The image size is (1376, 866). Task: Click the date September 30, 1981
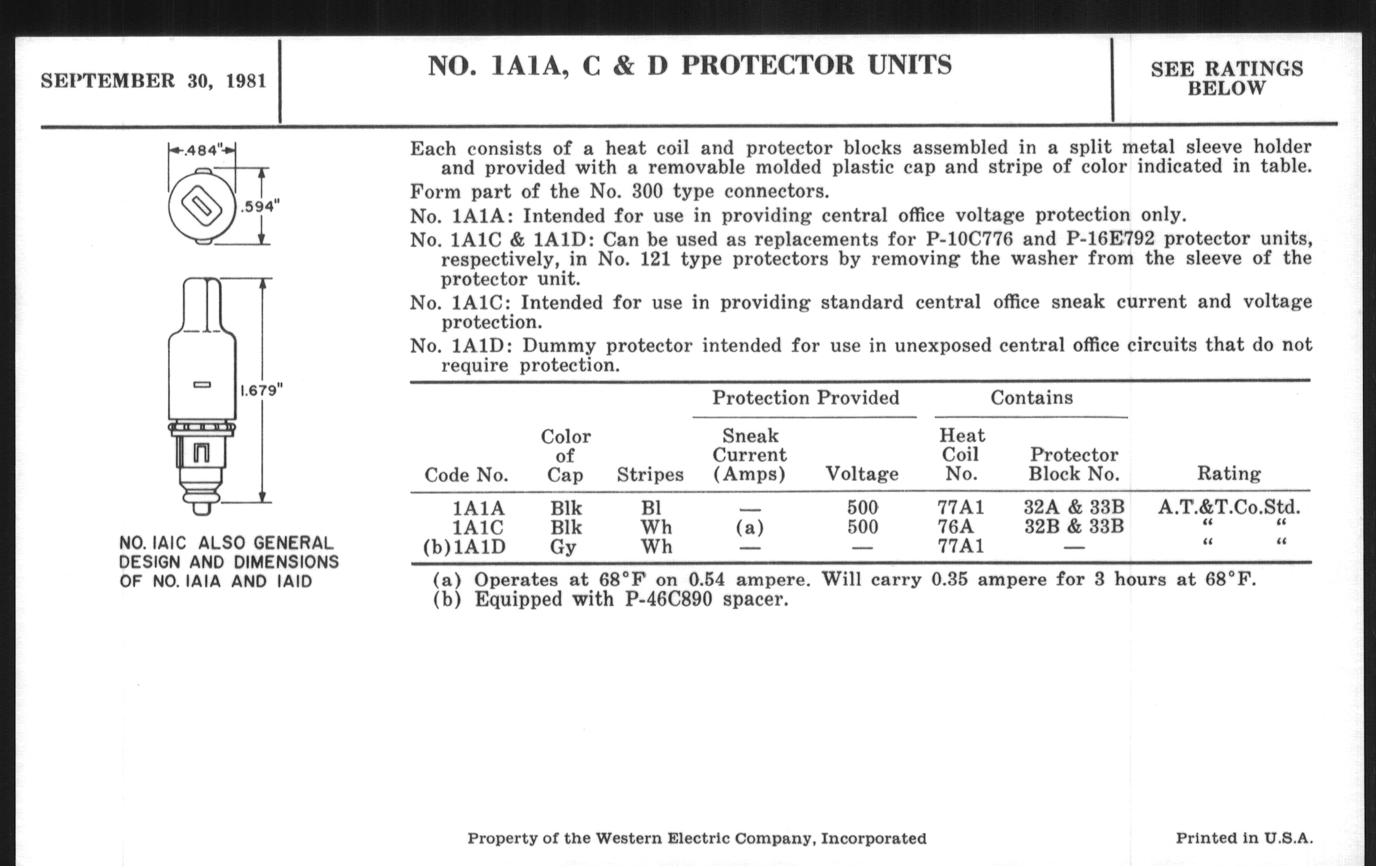pos(153,80)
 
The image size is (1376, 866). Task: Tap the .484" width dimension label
pos(202,151)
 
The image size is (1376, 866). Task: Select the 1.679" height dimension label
pos(261,391)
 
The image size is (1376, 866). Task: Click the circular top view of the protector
pos(202,207)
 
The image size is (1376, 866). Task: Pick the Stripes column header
pos(650,474)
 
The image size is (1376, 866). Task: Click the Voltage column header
pos(862,473)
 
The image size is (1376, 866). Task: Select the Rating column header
pos(1228,473)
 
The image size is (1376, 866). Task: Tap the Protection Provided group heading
pos(805,397)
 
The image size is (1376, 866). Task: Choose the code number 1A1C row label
pos(478,527)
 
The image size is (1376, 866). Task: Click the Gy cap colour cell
pos(563,547)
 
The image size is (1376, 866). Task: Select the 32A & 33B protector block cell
pos(1074,507)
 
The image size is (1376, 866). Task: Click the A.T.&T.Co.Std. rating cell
pos(1228,507)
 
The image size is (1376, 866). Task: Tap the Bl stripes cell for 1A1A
pos(651,508)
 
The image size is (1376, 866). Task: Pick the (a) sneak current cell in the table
pos(750,527)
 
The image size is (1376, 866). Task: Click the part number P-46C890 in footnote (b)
pos(669,599)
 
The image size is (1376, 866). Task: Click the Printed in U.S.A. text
pos(1244,838)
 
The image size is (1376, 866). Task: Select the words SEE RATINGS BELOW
pos(1226,79)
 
